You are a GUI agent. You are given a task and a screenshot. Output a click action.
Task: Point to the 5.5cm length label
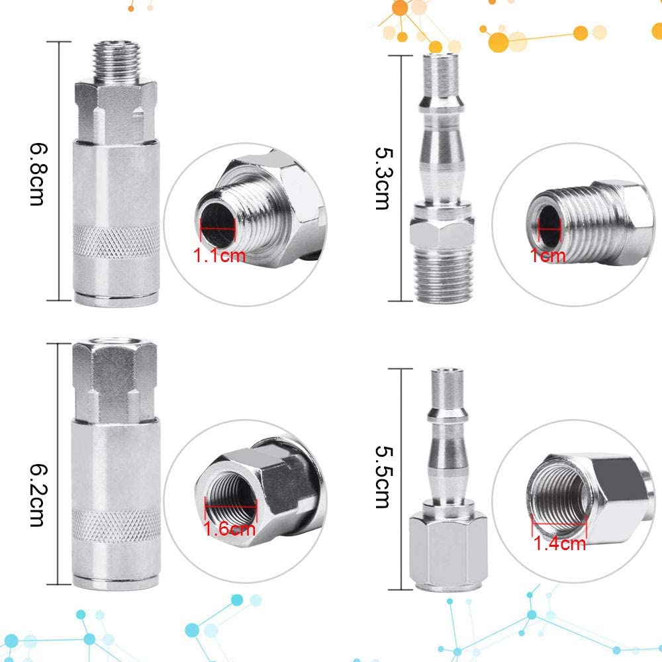coord(383,477)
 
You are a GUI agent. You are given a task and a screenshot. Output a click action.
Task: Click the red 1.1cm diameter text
coord(219,255)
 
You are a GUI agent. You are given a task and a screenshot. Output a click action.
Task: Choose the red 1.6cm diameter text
coord(229,529)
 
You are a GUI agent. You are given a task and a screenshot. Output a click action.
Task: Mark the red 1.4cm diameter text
coord(560,544)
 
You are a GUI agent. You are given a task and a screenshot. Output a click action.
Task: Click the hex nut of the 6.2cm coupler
coord(114,377)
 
